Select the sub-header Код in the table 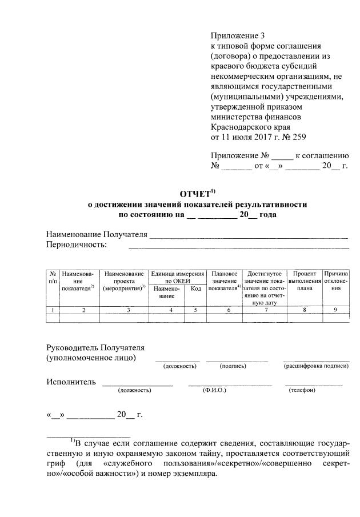195,288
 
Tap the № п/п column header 53,278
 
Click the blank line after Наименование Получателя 249,235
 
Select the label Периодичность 77,245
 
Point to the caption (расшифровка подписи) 316,366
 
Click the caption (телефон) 302,390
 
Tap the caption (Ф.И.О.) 214,390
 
